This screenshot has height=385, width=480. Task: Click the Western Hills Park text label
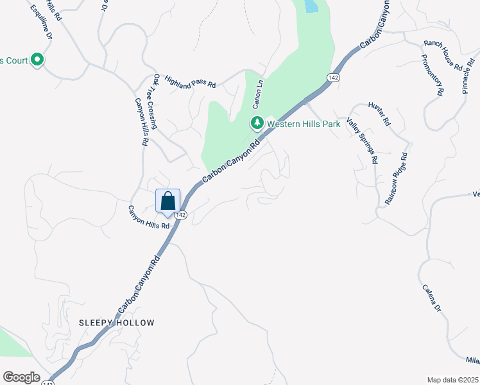[x=304, y=124]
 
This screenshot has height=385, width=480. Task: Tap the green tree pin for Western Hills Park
[x=257, y=123]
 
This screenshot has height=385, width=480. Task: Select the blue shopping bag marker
[x=168, y=200]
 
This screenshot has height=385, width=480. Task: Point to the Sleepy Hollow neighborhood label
[x=117, y=323]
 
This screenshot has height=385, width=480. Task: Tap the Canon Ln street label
[x=257, y=94]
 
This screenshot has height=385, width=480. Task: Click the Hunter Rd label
[x=380, y=113]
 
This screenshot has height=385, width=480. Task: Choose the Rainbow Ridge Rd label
[x=397, y=178]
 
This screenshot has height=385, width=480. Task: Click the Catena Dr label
[x=432, y=298]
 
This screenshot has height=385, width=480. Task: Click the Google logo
[x=21, y=377]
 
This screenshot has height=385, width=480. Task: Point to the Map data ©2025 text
[x=452, y=380]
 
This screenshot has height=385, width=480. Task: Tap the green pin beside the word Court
[x=37, y=61]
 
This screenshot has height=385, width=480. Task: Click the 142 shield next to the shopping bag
[x=180, y=215]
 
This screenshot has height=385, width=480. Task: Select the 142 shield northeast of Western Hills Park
[x=332, y=77]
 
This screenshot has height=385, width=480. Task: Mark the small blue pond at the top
[x=311, y=6]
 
